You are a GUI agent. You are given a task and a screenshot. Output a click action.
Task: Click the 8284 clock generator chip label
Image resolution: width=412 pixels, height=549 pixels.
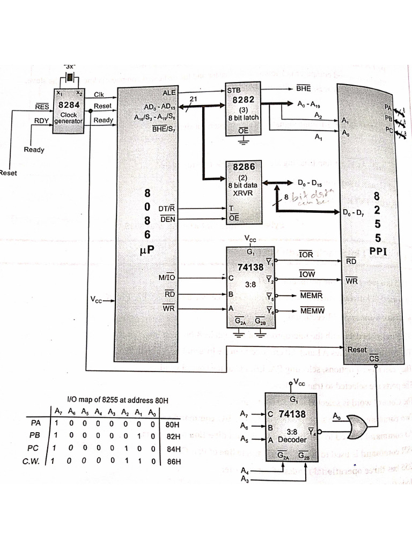tap(68, 105)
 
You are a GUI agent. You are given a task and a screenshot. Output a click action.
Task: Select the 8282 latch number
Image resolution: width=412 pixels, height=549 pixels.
tap(240, 100)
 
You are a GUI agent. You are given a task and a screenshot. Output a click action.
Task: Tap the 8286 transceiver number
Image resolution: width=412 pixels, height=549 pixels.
tap(240, 167)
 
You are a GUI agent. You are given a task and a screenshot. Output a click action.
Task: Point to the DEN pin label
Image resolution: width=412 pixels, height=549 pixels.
tap(167, 219)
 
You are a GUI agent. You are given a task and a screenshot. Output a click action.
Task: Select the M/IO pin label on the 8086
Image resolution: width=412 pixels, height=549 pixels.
tap(167, 278)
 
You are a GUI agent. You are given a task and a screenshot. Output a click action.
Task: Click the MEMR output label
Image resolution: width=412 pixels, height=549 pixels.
tap(310, 295)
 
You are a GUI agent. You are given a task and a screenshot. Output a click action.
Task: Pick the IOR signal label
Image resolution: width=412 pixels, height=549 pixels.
tap(306, 255)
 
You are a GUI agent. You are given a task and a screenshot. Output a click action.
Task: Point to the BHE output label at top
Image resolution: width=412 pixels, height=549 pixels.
tap(304, 87)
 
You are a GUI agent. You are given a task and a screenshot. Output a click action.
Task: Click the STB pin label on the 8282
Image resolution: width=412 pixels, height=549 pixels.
tap(234, 91)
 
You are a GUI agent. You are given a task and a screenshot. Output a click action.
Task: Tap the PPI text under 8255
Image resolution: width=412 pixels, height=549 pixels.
tap(378, 251)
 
